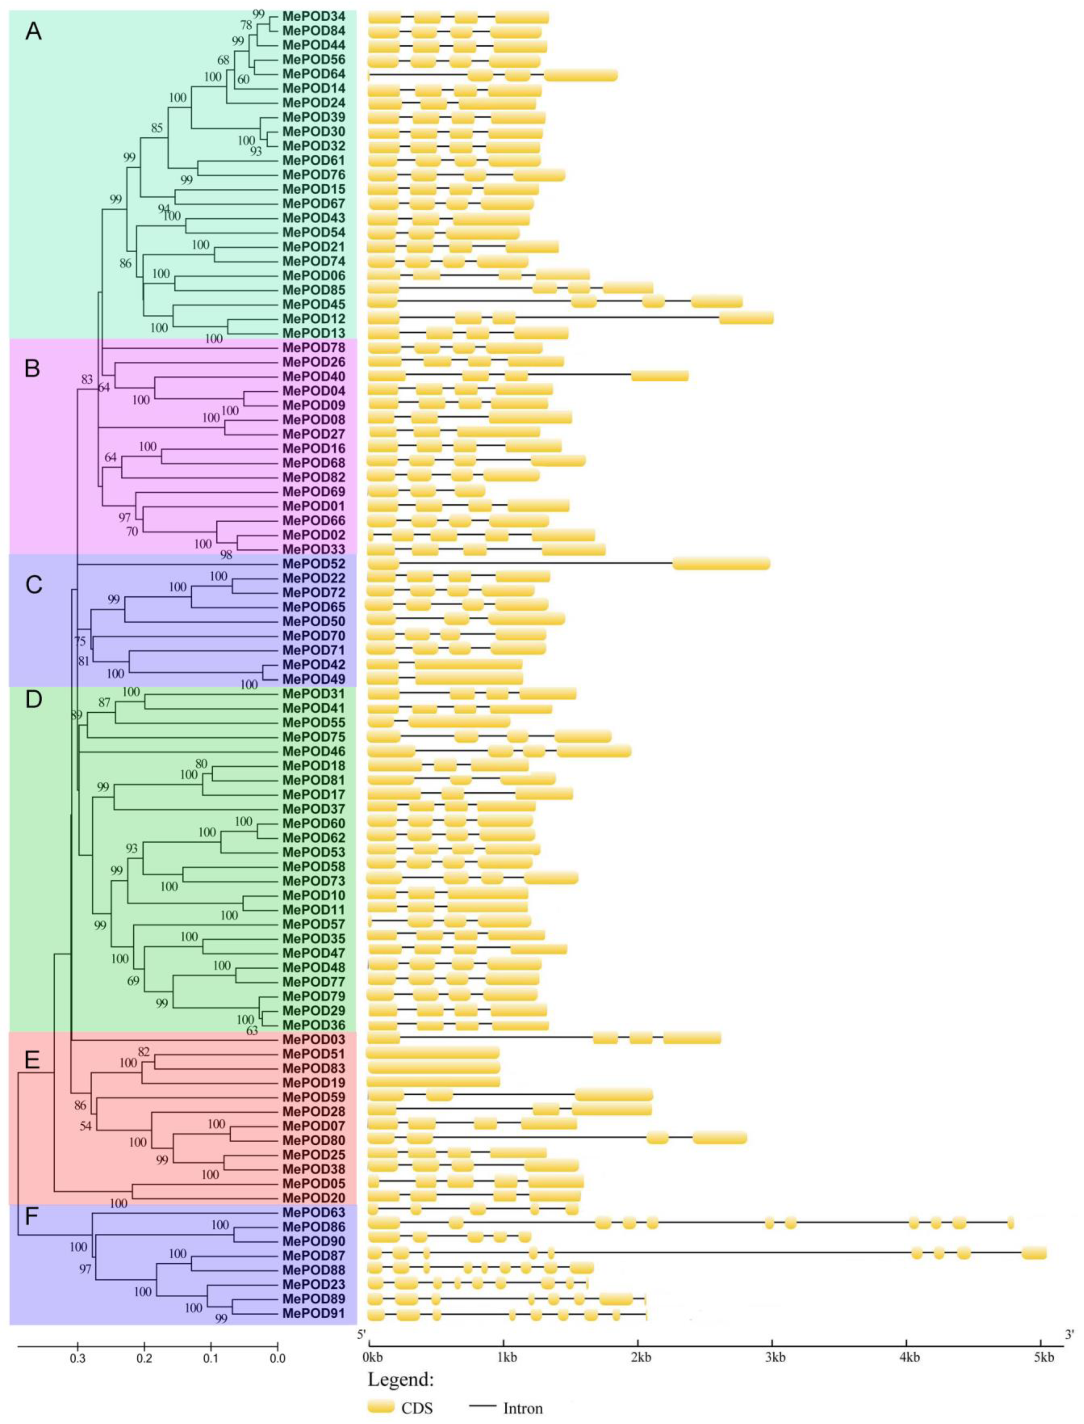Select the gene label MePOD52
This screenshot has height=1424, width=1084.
(313, 563)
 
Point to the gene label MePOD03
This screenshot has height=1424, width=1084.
(313, 1039)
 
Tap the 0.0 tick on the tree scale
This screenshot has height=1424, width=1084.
(278, 1357)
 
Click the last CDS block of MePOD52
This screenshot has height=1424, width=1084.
(721, 563)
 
